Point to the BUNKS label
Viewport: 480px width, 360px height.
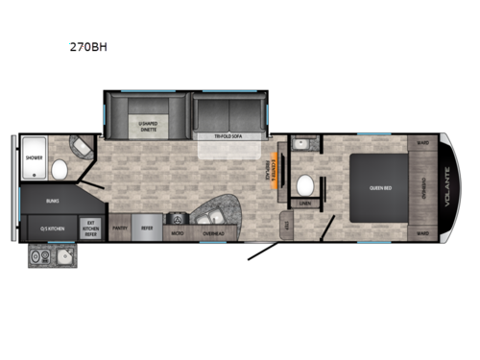[x=51, y=202]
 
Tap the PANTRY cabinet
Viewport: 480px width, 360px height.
[x=121, y=228]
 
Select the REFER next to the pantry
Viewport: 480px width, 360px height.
[x=147, y=228]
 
